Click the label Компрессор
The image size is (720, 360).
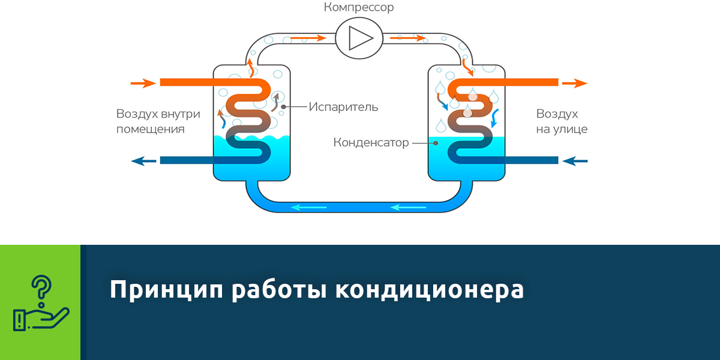coord(359,8)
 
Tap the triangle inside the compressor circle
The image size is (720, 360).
coord(360,38)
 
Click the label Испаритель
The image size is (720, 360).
coord(344,107)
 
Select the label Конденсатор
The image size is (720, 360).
coord(371,143)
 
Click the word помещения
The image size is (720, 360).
coord(151,129)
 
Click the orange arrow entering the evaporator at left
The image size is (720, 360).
coord(143,83)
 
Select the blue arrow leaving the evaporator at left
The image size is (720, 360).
coord(144,160)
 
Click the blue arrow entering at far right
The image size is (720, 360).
coord(576,160)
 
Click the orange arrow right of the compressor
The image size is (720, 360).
coord(408,38)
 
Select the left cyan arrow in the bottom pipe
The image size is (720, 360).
coord(308,208)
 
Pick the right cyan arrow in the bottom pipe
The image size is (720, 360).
coord(408,208)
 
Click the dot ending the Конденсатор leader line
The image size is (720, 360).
coord(436,143)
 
